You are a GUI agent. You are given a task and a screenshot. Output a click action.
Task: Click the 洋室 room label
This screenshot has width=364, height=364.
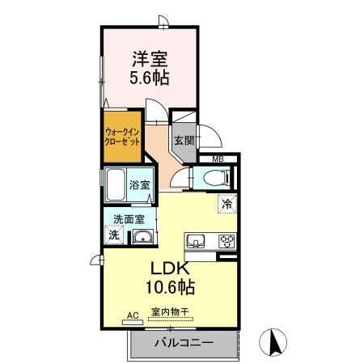click(x=150, y=59)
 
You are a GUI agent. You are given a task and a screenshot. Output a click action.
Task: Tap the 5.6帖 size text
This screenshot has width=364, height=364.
click(x=150, y=78)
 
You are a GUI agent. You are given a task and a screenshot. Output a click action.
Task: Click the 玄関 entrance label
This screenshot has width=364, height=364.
click(x=184, y=139)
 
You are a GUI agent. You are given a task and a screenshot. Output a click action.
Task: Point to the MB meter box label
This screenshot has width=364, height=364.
click(x=218, y=159)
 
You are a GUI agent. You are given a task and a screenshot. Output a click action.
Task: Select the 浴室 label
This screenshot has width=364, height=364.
click(x=140, y=184)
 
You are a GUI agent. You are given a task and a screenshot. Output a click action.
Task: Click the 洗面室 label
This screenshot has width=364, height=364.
click(x=128, y=218)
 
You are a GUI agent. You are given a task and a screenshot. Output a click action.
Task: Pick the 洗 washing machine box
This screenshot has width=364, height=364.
click(x=114, y=235)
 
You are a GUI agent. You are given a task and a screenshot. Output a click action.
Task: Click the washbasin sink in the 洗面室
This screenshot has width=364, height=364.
click(x=142, y=237)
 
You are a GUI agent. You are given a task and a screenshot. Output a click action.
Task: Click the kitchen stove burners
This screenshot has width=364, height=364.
click(x=226, y=240)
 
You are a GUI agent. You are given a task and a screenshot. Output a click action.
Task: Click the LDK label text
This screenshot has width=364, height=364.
click(x=168, y=269)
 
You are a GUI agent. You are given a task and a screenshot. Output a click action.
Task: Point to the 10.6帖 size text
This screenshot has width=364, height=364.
click(x=168, y=286)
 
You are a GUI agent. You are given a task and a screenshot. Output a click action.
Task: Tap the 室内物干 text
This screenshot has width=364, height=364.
click(x=170, y=313)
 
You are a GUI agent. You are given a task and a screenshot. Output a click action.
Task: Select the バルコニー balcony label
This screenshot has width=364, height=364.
click(x=184, y=343)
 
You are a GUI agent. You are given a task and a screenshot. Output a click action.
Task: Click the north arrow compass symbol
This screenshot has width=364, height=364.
click(x=274, y=343)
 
